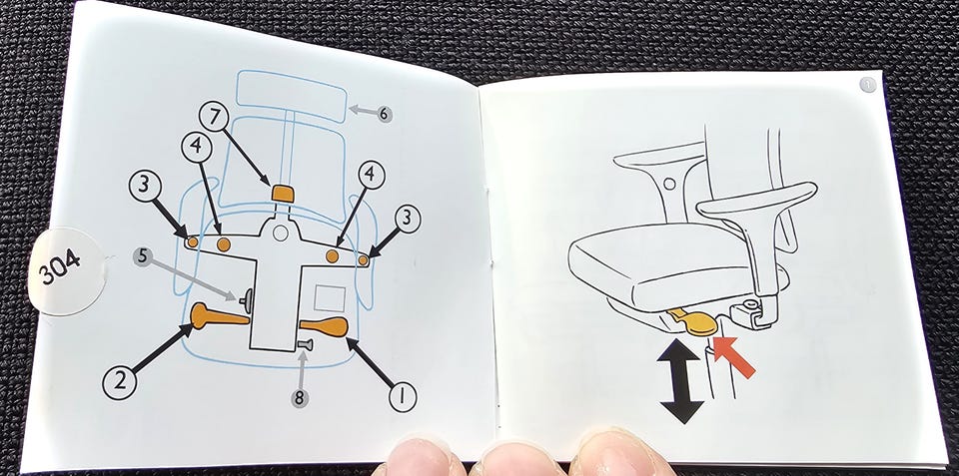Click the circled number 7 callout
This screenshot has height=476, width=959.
coord(214,116)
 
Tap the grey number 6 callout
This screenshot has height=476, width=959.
coord(384,114)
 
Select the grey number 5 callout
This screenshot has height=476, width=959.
coord(142,256)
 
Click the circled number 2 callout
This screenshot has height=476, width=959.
coord(119,382)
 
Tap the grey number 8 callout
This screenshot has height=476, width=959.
coord(299,398)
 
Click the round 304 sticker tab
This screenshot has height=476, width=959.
coord(66,270)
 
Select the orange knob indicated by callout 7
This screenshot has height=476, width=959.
coord(283,194)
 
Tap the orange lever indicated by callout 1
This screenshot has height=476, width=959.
coord(324,327)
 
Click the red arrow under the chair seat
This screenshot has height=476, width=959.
coord(733,356)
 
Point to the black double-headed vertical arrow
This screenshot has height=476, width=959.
coord(680,381)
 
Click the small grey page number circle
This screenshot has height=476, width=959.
coord(867,85)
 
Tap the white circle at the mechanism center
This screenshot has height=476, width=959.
coord(280,233)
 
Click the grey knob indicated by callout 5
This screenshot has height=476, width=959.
coord(247,298)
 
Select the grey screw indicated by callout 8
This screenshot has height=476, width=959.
coord(305,345)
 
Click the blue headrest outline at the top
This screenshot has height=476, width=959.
coord(292,96)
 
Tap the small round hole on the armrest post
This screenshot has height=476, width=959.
coord(669,183)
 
